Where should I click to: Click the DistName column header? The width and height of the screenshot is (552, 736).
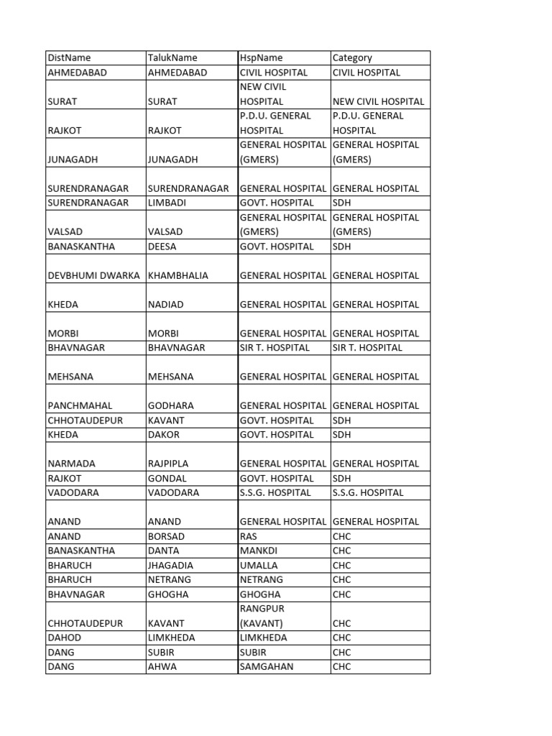click(x=69, y=57)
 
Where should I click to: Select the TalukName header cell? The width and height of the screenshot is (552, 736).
click(x=172, y=57)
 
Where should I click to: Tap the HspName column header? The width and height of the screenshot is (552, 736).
click(x=261, y=57)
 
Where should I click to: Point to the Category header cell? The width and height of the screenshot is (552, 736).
click(x=352, y=57)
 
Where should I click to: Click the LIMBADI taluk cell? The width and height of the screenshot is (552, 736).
click(x=167, y=203)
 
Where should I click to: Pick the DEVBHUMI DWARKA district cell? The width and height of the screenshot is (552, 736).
click(x=93, y=275)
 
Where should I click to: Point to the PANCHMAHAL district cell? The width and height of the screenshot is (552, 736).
click(x=80, y=405)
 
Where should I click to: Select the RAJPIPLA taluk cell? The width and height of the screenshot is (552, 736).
click(x=170, y=464)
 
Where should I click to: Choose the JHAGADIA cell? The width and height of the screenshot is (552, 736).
click(x=170, y=565)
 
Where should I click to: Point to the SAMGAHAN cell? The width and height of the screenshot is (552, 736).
click(x=267, y=666)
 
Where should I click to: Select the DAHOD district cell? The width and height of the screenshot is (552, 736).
click(x=65, y=638)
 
